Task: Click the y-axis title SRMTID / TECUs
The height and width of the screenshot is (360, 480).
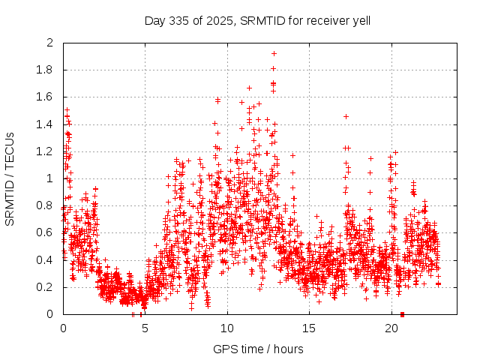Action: point(10,178)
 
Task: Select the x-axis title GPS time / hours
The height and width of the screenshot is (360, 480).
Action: point(258,349)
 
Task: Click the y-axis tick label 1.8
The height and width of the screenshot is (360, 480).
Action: point(46,70)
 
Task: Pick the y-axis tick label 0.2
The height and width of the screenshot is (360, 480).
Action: point(46,287)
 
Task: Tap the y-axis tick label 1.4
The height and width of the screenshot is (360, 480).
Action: point(46,124)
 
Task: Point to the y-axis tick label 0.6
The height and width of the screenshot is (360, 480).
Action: point(46,233)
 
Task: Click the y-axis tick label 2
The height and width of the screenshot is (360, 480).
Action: point(50,43)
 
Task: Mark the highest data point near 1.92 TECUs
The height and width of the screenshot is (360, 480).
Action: point(274,53)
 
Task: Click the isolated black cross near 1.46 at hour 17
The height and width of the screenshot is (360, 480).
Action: point(346,116)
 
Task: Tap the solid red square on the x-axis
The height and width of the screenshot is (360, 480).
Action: point(403,314)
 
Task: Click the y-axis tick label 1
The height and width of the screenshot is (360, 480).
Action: point(50,178)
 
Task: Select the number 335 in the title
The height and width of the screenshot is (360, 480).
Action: point(178,19)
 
